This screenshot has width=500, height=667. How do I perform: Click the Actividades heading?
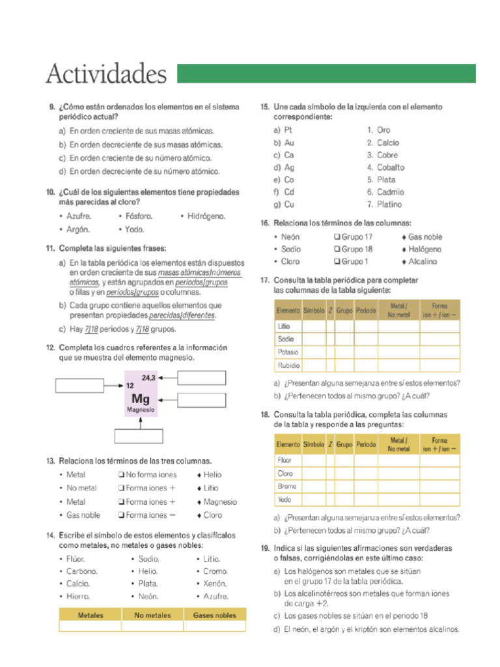[106, 75]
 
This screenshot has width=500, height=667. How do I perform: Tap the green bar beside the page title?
[326, 74]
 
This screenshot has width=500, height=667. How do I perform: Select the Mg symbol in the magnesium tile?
[141, 398]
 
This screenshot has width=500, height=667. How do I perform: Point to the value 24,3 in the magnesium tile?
[149, 378]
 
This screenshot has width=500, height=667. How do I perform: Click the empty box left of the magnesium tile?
[79, 386]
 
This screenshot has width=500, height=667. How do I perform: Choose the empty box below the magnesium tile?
[141, 435]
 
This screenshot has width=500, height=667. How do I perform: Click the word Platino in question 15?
[390, 205]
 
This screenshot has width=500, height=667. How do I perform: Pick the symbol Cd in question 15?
[290, 192]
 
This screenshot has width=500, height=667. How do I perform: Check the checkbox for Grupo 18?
[337, 249]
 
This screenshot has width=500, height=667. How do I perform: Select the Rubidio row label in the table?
[289, 365]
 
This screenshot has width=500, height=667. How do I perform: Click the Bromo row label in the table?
[287, 487]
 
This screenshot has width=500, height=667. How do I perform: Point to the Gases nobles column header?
[215, 615]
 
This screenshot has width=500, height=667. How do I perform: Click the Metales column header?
[90, 615]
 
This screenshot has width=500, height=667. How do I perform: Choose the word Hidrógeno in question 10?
[206, 216]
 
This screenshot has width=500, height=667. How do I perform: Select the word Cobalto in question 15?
[391, 167]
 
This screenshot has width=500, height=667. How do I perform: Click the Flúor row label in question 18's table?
[285, 461]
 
